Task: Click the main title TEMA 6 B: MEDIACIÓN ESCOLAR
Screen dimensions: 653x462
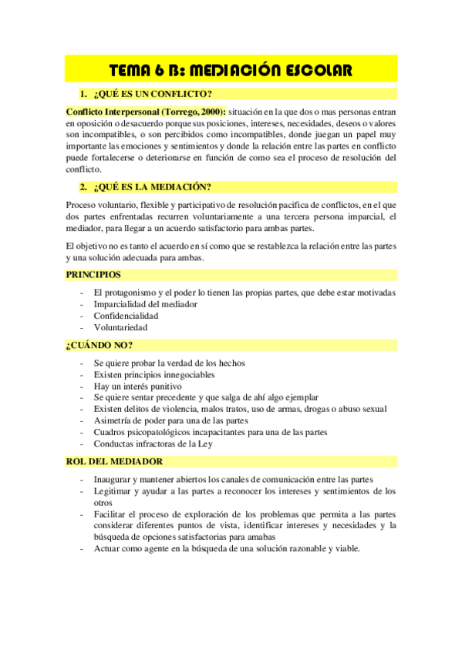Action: pyautogui.click(x=231, y=70)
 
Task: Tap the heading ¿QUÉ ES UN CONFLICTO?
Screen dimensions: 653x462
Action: pyautogui.click(x=152, y=94)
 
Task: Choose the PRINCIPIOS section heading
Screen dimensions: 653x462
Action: pyautogui.click(x=93, y=274)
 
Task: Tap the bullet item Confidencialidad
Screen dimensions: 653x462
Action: pyautogui.click(x=126, y=316)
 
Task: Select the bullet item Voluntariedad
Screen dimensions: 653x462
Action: pyautogui.click(x=120, y=327)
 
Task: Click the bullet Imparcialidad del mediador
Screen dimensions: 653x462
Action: pyautogui.click(x=145, y=304)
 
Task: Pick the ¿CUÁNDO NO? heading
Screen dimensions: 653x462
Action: pyautogui.click(x=94, y=345)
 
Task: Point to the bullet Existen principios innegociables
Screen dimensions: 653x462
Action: pyautogui.click(x=155, y=375)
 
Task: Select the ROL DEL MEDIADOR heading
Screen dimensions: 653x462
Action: pyautogui.click(x=114, y=461)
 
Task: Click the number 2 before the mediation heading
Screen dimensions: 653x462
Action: pyautogui.click(x=82, y=186)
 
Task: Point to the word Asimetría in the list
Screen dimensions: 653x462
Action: pyautogui.click(x=114, y=421)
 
